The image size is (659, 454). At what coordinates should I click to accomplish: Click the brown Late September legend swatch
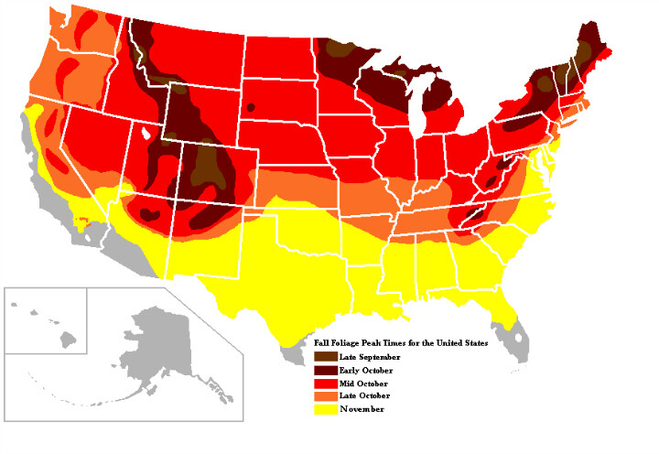[323, 355]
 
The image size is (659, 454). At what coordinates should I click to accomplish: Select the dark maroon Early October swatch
[323, 368]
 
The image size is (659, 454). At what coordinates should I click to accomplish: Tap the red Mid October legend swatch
[323, 382]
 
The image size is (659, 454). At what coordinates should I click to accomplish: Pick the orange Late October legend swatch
[323, 395]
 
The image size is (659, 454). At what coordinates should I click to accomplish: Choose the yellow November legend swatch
[323, 408]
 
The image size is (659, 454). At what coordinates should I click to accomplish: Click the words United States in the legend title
[460, 341]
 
